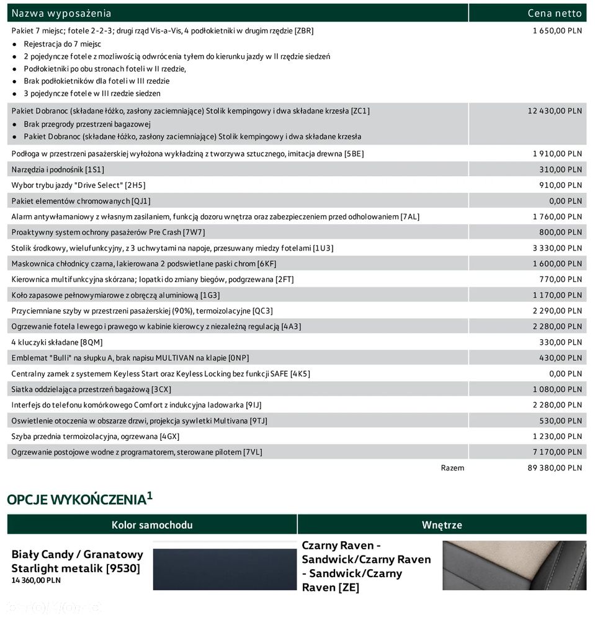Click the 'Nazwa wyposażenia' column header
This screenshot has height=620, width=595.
pyautogui.click(x=61, y=13)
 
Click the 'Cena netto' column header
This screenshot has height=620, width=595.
pyautogui.click(x=555, y=13)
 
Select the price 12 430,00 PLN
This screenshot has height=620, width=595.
pyautogui.click(x=555, y=111)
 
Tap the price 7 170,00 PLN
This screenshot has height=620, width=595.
pyautogui.click(x=557, y=452)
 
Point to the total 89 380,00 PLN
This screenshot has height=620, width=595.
pyautogui.click(x=555, y=468)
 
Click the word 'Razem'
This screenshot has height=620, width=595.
pyautogui.click(x=452, y=468)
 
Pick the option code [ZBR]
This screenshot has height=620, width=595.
pyautogui.click(x=304, y=30)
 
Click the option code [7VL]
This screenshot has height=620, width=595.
pyautogui.click(x=253, y=452)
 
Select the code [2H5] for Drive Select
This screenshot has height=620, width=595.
pyautogui.click(x=135, y=185)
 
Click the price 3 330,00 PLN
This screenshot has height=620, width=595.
pyautogui.click(x=557, y=248)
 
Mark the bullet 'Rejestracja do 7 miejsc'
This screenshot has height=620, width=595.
pyautogui.click(x=62, y=44)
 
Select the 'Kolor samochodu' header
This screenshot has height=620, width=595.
pyautogui.click(x=152, y=525)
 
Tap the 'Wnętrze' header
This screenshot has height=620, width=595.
pyautogui.click(x=442, y=525)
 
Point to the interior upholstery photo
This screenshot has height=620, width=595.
pyautogui.click(x=514, y=565)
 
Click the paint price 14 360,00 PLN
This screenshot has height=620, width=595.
pyautogui.click(x=36, y=580)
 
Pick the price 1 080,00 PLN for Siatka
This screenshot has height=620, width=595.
pyautogui.click(x=557, y=389)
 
